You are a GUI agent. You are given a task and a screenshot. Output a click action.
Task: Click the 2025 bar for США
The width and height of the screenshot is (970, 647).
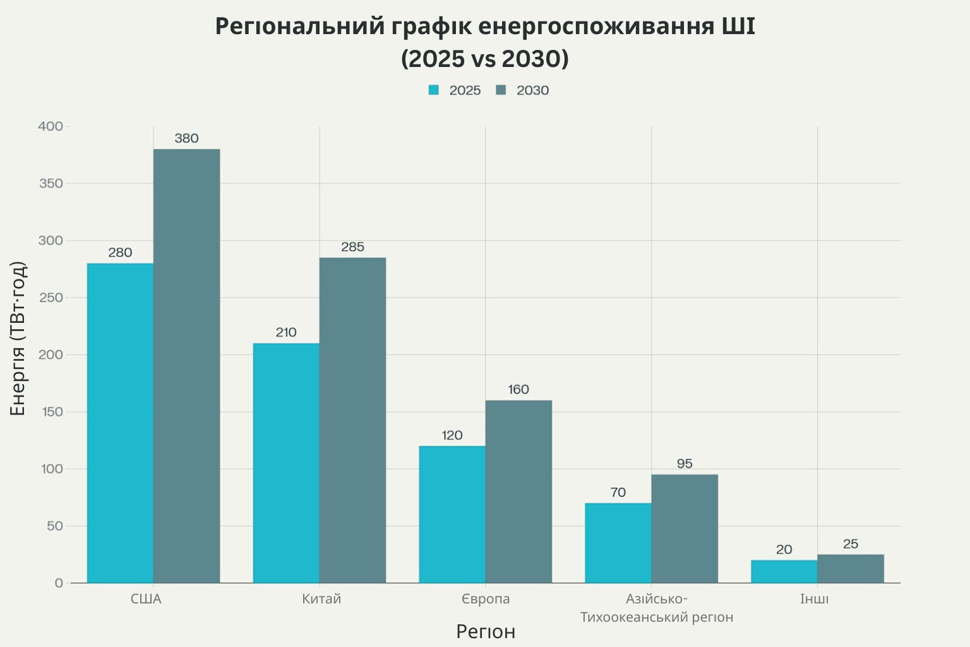tap(120, 423)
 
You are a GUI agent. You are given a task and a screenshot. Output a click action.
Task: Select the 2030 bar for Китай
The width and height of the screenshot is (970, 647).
tap(352, 420)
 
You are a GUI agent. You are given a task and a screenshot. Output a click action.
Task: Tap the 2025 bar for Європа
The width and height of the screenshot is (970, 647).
tap(452, 514)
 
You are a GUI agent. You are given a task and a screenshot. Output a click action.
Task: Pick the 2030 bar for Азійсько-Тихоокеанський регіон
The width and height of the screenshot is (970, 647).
tap(685, 529)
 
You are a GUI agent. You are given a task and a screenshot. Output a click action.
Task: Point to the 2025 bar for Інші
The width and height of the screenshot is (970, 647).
tap(784, 572)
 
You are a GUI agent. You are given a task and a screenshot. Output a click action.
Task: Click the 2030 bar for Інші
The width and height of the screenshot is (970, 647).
tap(851, 569)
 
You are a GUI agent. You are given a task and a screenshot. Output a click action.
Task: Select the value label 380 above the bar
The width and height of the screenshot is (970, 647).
tap(187, 138)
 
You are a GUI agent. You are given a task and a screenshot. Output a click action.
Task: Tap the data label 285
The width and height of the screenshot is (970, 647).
tap(352, 247)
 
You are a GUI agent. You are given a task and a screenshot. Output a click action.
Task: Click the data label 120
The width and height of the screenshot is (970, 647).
tap(452, 435)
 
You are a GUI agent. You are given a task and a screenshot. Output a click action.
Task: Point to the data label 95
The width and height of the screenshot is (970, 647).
tap(685, 464)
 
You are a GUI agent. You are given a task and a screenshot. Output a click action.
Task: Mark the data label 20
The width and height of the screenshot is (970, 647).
tap(784, 550)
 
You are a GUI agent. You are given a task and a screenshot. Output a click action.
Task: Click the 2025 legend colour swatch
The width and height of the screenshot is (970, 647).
tap(433, 90)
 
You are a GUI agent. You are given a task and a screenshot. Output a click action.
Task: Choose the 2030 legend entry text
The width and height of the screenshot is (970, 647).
tap(532, 90)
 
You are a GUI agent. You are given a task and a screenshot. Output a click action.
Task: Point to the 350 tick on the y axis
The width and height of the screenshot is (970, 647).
tap(51, 183)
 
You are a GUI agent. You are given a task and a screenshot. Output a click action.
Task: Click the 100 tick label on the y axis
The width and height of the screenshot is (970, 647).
tap(52, 469)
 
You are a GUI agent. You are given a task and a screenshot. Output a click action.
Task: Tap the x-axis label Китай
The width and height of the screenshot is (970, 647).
tap(321, 599)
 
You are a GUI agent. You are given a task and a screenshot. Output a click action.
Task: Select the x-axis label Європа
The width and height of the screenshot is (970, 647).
tap(486, 599)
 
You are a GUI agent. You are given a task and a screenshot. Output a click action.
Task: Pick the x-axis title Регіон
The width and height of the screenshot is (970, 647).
tap(486, 632)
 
